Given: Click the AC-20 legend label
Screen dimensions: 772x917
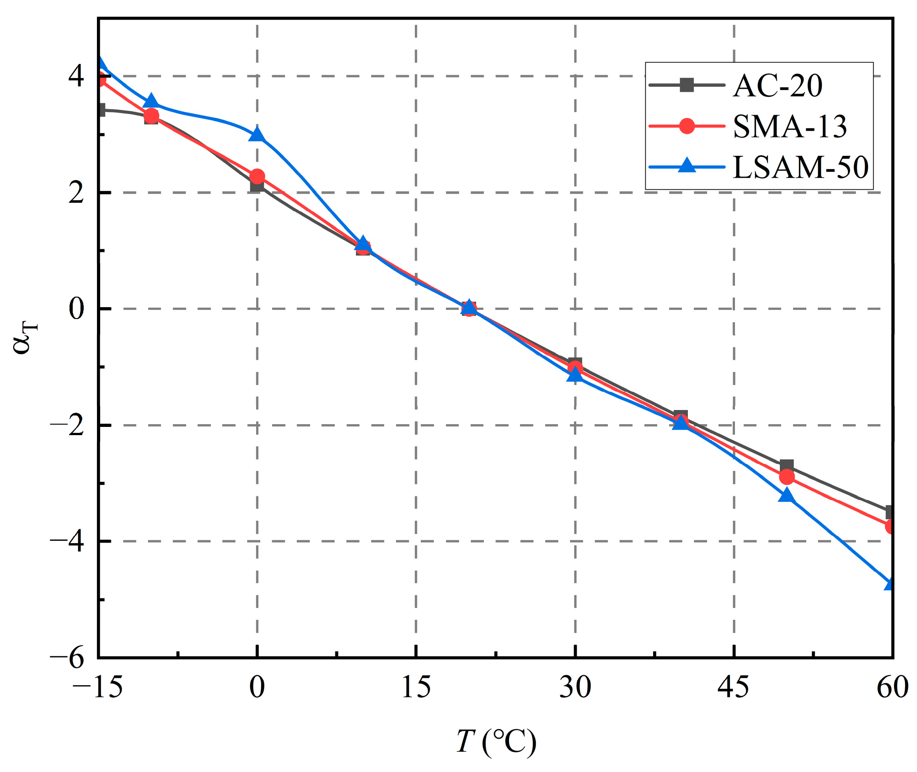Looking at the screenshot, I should tap(778, 85).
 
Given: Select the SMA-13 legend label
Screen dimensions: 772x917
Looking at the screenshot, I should tap(790, 126).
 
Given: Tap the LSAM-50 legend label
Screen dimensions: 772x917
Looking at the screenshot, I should tap(800, 167).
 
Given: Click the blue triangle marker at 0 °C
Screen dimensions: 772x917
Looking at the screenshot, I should tap(257, 134).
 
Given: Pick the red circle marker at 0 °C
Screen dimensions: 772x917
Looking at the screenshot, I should tap(257, 176).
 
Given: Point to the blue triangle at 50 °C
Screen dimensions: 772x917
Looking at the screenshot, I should tap(786, 495).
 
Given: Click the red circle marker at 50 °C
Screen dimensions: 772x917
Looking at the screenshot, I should tap(787, 477).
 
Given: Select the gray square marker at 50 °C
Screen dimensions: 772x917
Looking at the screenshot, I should tap(787, 467).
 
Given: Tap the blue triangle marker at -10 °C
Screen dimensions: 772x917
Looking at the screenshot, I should tap(151, 101).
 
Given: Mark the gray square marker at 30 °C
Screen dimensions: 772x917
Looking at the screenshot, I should tap(575, 364).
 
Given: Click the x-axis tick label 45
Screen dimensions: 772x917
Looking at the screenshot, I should tap(733, 687).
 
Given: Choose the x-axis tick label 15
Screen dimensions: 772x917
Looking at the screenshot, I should tap(416, 687).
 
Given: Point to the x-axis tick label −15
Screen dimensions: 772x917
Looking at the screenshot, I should tap(97, 687).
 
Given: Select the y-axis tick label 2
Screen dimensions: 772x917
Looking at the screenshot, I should tap(76, 193).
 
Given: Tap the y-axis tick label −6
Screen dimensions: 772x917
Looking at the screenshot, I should tap(67, 659).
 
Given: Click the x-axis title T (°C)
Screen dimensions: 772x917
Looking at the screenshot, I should tap(496, 741).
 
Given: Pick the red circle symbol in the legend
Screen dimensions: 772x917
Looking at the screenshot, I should tap(686, 126).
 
